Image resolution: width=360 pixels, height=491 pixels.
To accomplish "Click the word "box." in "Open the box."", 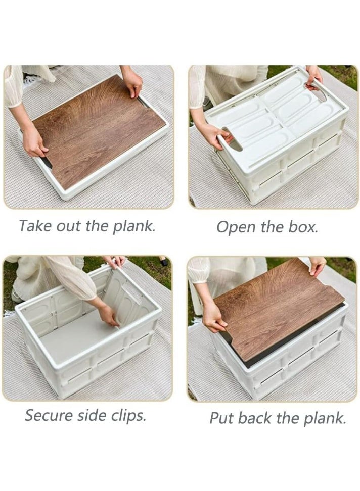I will pos(303,227).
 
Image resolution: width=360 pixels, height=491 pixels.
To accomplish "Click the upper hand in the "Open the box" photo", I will pos(314,75).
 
